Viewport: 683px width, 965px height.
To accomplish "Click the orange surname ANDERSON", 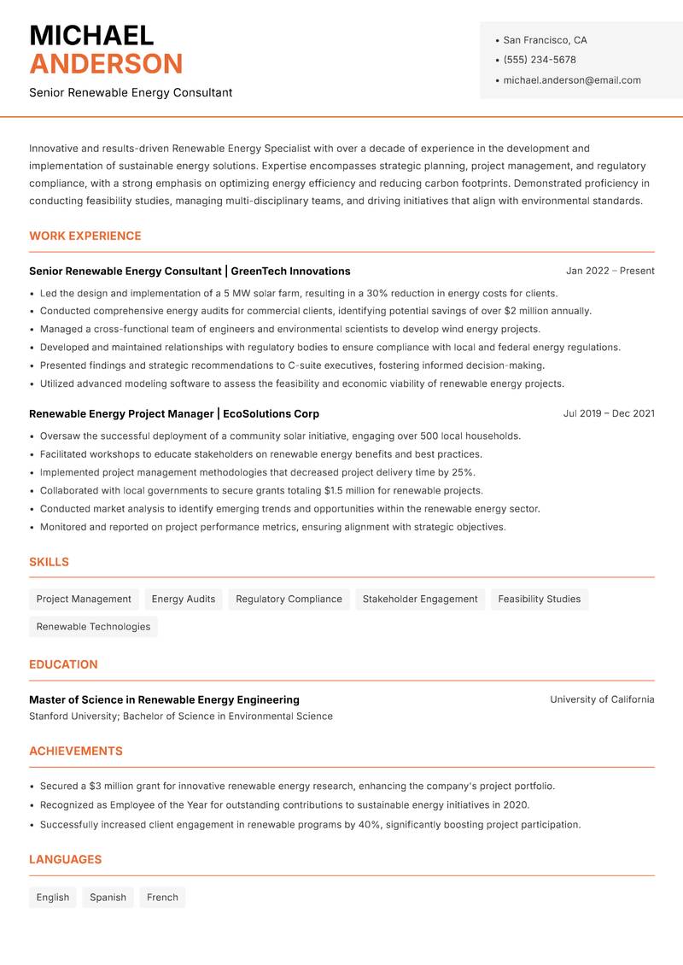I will coord(106,64).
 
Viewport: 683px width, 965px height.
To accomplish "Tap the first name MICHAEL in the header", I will coord(91,36).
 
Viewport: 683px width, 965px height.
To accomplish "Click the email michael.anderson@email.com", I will coord(571,80).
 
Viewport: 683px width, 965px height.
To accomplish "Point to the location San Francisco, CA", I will coord(545,40).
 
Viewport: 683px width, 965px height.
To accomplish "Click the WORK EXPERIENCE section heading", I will coord(85,236).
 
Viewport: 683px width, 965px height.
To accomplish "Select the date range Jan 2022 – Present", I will coord(610,271).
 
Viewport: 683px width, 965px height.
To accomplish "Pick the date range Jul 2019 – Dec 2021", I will coord(609,413).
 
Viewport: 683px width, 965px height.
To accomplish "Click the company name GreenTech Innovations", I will coord(290,271).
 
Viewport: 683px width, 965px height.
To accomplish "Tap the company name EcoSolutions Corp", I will coord(271,413).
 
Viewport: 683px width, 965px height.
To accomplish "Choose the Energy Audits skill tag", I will coord(184,599).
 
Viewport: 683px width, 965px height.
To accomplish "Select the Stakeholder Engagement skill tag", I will coord(420,599).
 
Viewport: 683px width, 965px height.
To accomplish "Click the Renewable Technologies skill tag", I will coord(93,626).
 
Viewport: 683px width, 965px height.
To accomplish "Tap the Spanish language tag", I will coord(108,897).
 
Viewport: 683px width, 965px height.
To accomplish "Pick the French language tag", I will coord(162,897).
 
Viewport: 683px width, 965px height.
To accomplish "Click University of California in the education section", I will coord(602,699).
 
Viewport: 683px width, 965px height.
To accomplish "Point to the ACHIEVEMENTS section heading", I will coord(76,751).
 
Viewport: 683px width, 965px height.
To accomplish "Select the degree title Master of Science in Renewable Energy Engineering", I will coord(164,699).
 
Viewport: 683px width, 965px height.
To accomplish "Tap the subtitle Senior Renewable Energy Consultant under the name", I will coord(131,92).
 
